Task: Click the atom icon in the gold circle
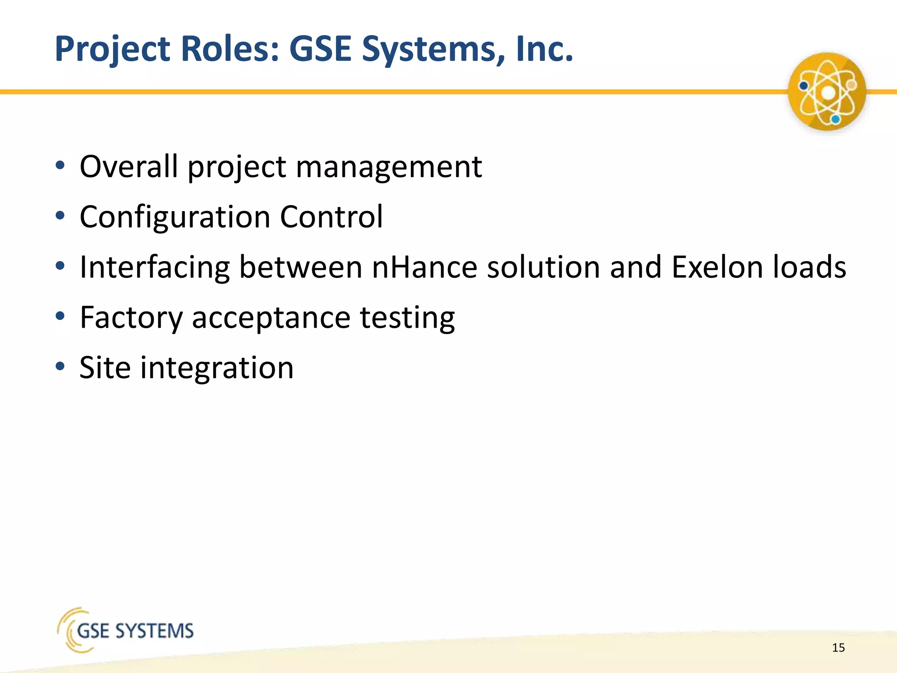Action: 827,92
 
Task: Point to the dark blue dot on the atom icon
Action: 804,86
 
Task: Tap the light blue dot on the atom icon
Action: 836,119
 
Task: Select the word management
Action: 389,168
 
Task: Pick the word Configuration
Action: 175,218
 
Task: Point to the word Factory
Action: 131,318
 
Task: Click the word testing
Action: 407,318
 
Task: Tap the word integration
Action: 217,368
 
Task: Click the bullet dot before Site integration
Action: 60,366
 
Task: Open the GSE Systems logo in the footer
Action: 126,630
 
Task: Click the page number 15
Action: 838,648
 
